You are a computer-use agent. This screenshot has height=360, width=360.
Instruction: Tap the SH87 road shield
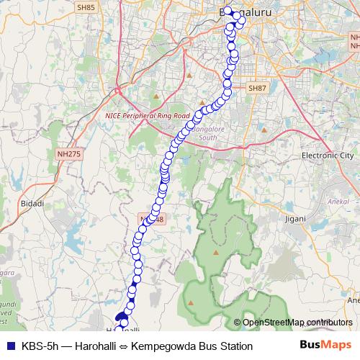(256, 87)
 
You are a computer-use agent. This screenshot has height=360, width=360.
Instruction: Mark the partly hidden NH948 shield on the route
(149, 217)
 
